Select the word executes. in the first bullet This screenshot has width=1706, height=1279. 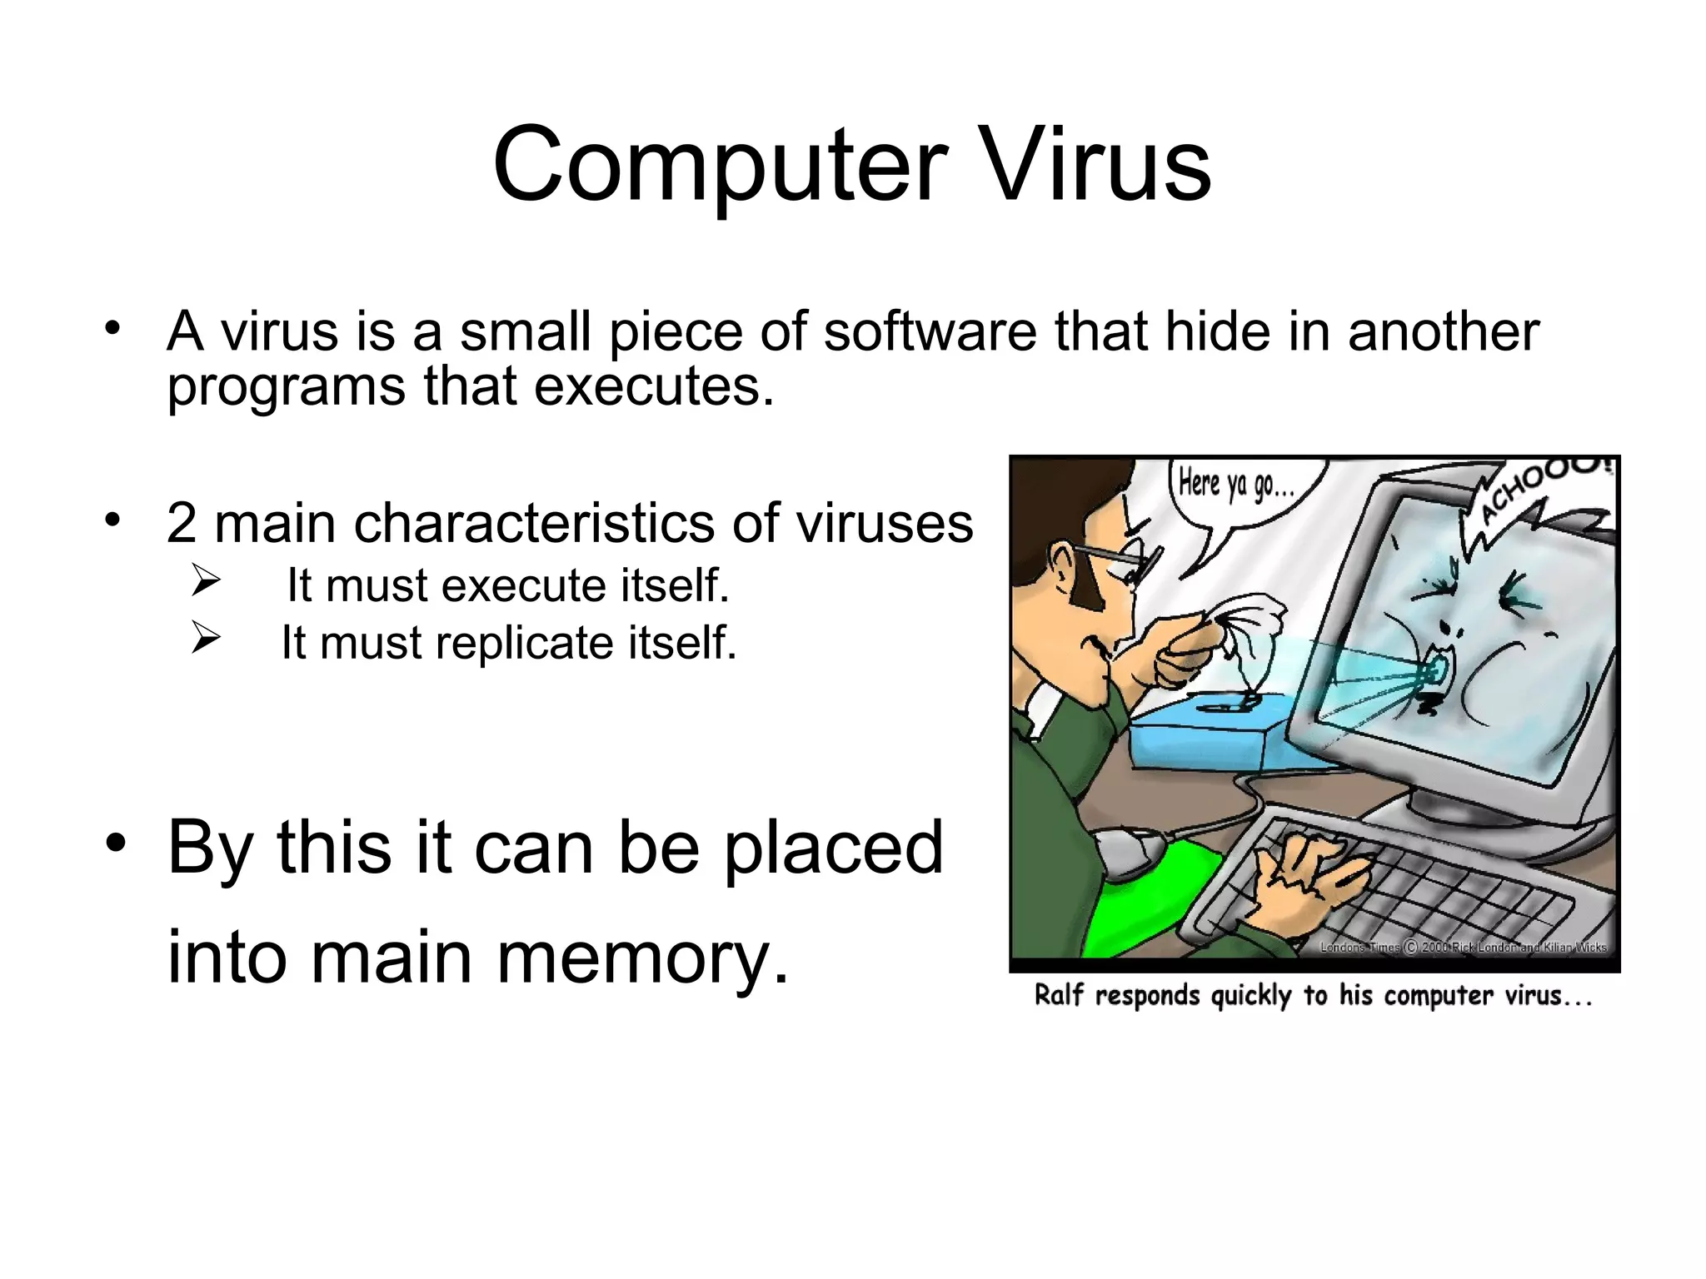[654, 387]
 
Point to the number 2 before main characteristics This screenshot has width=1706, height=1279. [182, 523]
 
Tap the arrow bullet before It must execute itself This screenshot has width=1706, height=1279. [205, 580]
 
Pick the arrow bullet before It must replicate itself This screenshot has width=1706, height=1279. [205, 639]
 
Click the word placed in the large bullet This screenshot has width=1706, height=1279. [833, 848]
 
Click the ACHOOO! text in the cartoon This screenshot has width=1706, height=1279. [1541, 491]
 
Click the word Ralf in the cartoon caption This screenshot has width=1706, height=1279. [1058, 996]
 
